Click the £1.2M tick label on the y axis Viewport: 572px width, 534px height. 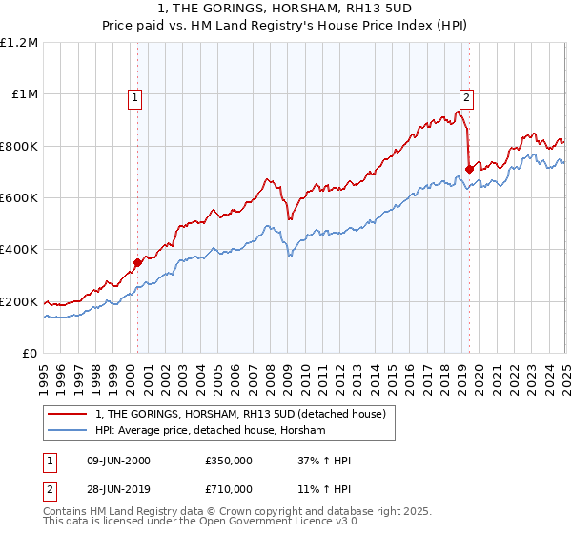(x=19, y=43)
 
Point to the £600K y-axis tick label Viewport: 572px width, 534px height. (x=19, y=198)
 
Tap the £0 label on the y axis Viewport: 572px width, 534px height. (x=30, y=354)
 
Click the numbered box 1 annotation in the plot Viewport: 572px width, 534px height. (x=135, y=96)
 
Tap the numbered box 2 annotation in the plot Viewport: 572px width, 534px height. (x=467, y=96)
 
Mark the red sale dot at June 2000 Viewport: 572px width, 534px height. (x=137, y=262)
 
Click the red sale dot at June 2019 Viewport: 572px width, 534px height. (x=469, y=170)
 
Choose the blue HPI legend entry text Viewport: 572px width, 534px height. (x=211, y=431)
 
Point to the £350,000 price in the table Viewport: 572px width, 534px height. (x=228, y=461)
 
